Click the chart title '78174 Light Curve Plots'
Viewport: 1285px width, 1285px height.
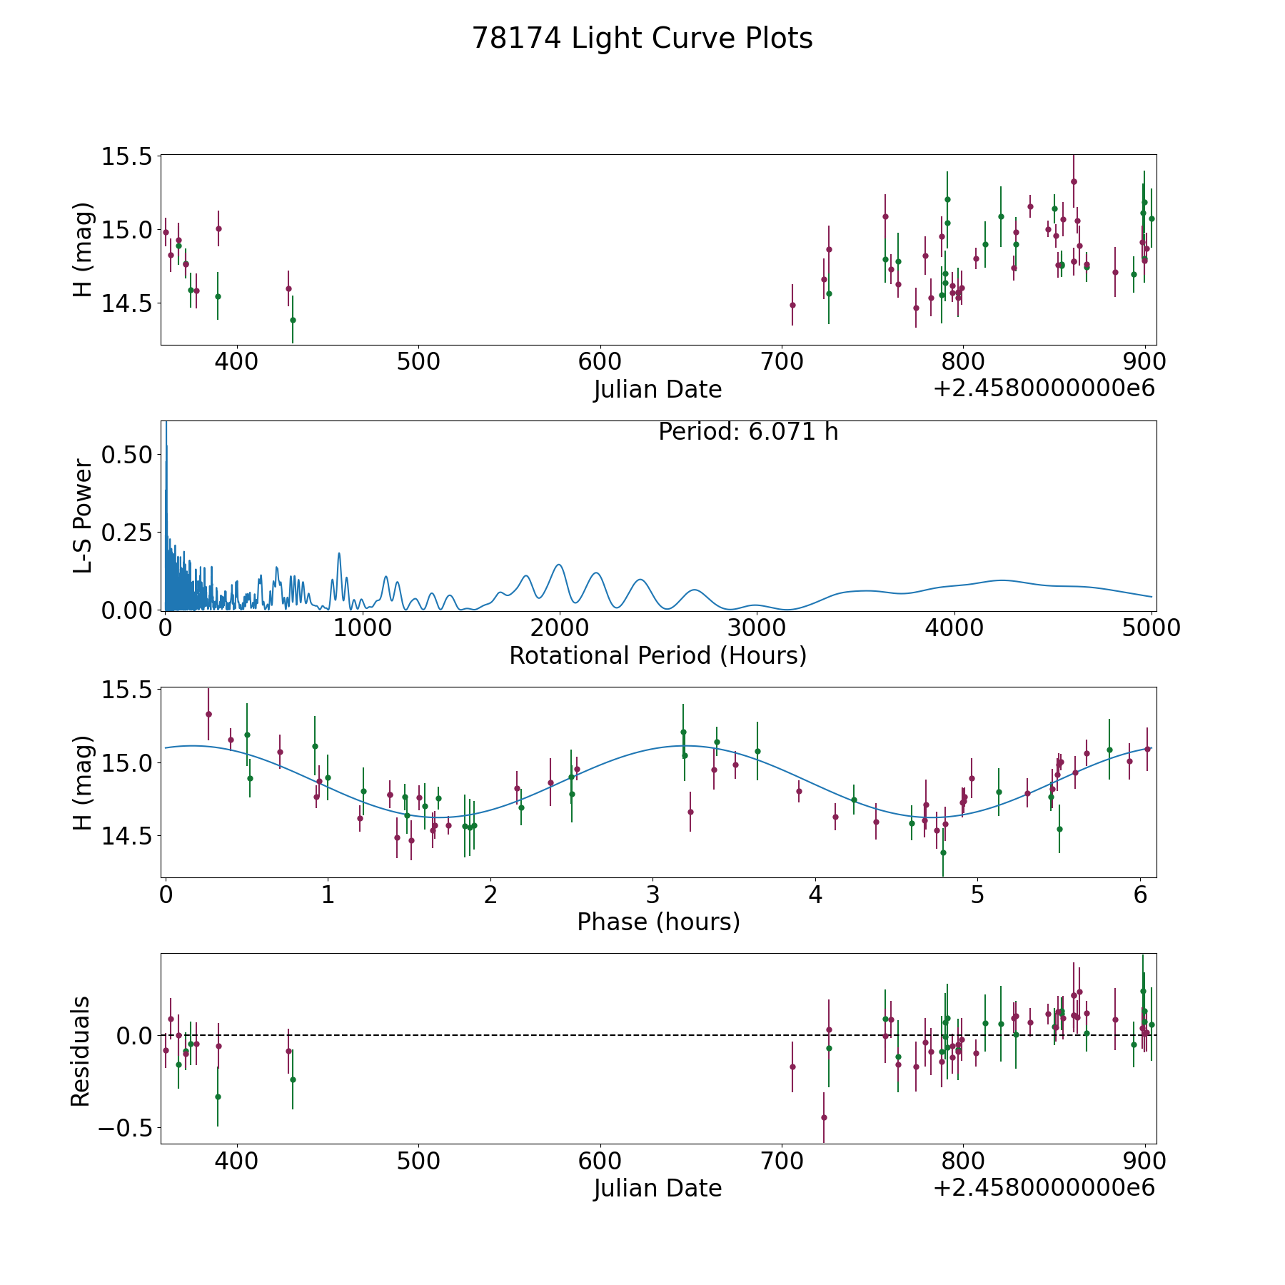642,39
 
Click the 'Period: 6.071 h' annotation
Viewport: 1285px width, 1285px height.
748,432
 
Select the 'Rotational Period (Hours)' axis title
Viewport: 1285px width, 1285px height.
658,655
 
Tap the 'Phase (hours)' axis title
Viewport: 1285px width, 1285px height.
658,922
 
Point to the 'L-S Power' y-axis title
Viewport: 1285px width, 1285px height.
83,516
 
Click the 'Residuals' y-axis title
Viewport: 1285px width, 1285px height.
81,1052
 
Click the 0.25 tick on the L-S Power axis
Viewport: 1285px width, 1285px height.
127,533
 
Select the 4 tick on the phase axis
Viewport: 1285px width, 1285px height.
815,895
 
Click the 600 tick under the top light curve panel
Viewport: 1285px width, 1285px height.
600,361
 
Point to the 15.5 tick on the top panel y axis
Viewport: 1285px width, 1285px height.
127,156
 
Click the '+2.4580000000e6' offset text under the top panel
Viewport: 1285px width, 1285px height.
1044,388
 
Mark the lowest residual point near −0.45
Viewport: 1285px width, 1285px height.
824,1117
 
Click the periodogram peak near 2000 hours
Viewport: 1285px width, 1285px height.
558,565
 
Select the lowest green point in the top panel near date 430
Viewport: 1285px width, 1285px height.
293,320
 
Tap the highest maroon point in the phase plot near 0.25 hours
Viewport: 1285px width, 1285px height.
208,714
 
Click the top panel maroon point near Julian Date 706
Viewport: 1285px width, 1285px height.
792,305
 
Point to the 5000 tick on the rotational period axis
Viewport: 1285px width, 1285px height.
1150,628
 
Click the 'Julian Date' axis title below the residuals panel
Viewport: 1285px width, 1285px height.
658,1188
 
